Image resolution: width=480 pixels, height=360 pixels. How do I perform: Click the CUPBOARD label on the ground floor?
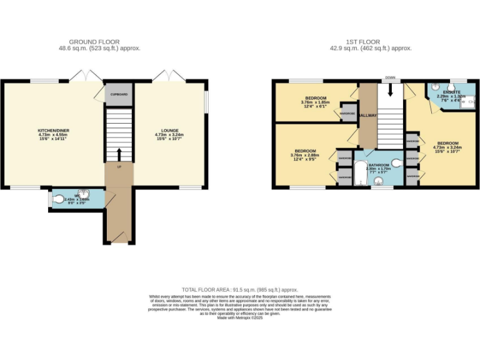119,94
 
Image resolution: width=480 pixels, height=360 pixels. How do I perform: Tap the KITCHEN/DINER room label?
52,131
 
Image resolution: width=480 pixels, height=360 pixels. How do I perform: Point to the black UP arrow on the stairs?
119,154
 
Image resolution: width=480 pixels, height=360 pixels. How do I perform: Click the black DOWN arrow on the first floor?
391,89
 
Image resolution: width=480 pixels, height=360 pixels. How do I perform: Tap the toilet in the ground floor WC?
59,199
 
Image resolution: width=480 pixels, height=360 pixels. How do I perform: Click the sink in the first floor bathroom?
378,182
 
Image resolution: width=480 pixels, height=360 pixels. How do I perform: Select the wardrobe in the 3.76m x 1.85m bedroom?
347,113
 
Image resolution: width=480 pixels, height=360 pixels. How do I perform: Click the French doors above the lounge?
169,76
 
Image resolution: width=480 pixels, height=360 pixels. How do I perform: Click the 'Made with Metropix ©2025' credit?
240,318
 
